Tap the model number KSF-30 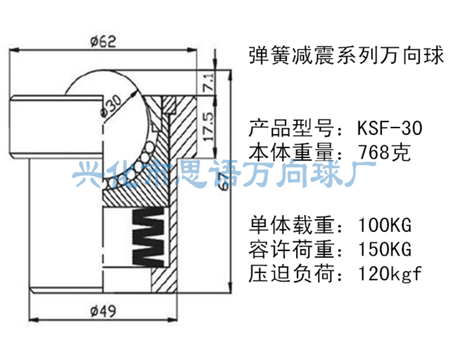389,129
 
